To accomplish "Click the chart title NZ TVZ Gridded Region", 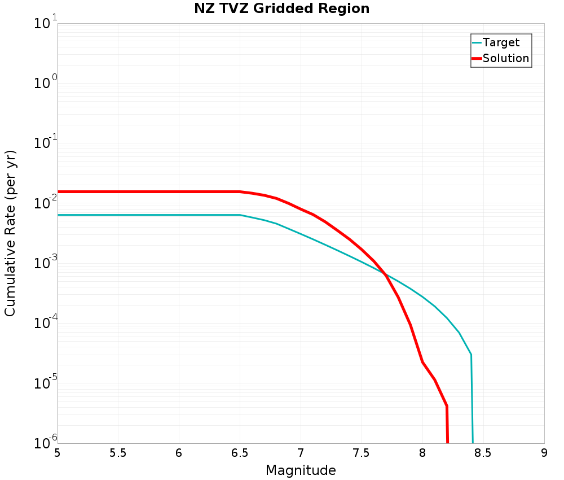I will (281, 9).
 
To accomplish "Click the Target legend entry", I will (501, 42).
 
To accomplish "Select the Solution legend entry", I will (505, 58).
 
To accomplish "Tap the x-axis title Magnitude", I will (301, 470).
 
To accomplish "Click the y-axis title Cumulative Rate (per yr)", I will (10, 233).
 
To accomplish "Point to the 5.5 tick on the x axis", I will (118, 453).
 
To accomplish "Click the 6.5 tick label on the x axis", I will (240, 453).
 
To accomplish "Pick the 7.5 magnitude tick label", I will (362, 453).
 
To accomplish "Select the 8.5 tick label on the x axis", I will (483, 453).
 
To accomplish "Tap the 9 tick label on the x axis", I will (544, 453).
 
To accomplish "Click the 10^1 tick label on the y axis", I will (45, 24).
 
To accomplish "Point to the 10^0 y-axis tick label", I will (45, 84).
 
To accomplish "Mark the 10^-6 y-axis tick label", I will (45, 442).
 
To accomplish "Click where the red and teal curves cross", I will (385, 274).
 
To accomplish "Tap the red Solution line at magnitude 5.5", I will (118, 191).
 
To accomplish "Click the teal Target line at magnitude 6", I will (179, 215).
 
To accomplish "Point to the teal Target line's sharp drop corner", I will (470, 355).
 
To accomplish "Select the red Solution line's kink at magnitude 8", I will (422, 362).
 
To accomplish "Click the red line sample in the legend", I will (477, 58).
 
